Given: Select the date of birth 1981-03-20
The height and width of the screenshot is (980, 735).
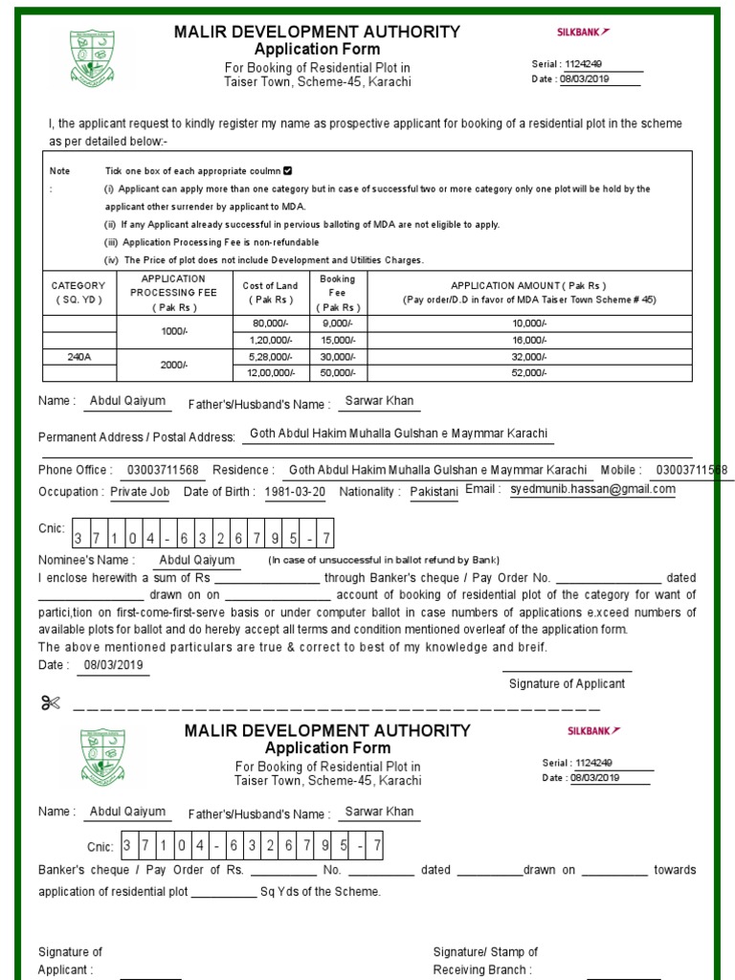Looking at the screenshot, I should pos(295,492).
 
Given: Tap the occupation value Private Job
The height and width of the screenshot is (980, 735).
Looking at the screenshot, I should pos(140,492).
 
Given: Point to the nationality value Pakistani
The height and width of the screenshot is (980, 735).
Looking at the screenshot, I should pos(434,492).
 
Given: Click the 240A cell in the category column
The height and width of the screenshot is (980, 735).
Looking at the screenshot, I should pos(78,356).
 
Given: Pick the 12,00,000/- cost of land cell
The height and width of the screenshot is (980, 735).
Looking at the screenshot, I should pos(271,373).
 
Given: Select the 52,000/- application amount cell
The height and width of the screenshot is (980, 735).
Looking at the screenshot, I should pos(529,373).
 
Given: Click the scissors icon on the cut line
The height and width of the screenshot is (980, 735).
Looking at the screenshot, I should pos(50,704).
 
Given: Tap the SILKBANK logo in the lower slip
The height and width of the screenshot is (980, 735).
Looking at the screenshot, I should pos(588,731).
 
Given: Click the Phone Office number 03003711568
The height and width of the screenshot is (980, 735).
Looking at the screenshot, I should pos(163,470).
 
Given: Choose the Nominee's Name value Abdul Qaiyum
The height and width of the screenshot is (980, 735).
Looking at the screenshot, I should pos(196,560).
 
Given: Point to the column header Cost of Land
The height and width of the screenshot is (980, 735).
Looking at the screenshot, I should pos(271,292).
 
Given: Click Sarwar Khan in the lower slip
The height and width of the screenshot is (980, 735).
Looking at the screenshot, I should pos(379,812).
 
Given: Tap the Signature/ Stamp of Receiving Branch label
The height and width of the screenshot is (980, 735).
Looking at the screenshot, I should pos(485,961).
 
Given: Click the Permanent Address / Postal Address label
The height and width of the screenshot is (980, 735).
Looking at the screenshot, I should pos(137,437).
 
